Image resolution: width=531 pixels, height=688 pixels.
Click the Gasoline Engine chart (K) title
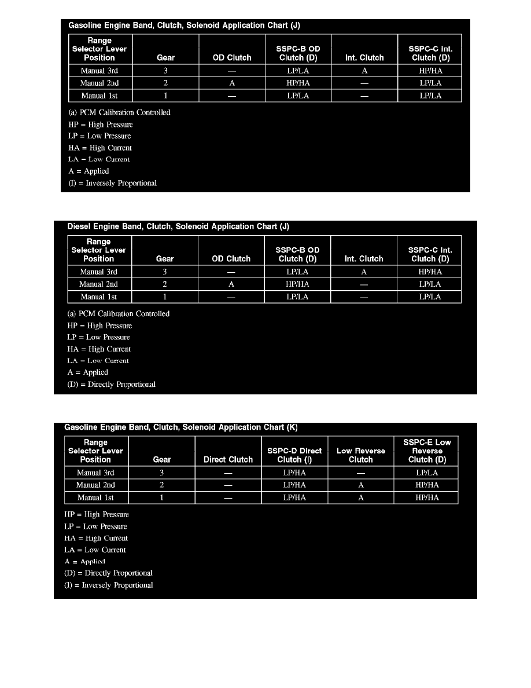click(180, 427)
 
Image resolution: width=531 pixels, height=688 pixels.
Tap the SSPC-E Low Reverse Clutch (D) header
click(427, 451)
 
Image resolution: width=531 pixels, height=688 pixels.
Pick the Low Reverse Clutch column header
click(360, 455)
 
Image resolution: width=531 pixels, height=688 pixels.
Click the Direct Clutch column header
click(228, 460)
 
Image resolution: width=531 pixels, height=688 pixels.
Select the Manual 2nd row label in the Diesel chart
click(98, 284)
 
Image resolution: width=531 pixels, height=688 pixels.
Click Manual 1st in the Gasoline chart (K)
click(95, 498)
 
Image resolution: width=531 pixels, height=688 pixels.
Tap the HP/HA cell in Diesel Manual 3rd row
click(429, 272)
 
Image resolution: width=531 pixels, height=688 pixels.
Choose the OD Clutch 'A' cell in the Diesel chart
click(231, 284)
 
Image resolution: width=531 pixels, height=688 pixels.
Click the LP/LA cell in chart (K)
click(427, 473)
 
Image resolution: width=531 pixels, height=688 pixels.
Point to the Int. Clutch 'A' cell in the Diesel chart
click(363, 272)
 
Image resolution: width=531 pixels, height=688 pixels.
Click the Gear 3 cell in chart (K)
click(161, 473)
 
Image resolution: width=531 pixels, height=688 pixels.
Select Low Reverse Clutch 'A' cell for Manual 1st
click(360, 498)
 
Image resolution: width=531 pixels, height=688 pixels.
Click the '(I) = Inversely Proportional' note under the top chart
click(112, 183)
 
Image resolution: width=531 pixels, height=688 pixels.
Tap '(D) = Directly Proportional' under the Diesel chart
click(111, 384)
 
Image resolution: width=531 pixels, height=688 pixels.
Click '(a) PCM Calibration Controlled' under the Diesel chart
click(119, 313)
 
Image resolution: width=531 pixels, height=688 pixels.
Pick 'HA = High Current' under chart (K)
click(96, 538)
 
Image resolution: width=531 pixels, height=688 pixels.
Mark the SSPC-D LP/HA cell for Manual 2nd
click(294, 485)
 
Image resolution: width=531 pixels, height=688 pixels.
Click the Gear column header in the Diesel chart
click(165, 259)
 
